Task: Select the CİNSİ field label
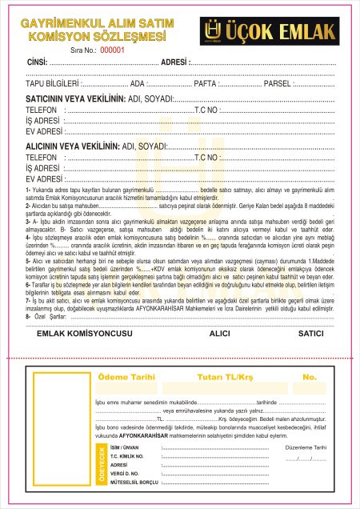[x=37, y=62]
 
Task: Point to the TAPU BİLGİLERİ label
[x=53, y=82]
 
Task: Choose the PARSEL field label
[x=278, y=82]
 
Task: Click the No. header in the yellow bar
[x=310, y=376]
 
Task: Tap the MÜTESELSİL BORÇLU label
[x=134, y=483]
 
